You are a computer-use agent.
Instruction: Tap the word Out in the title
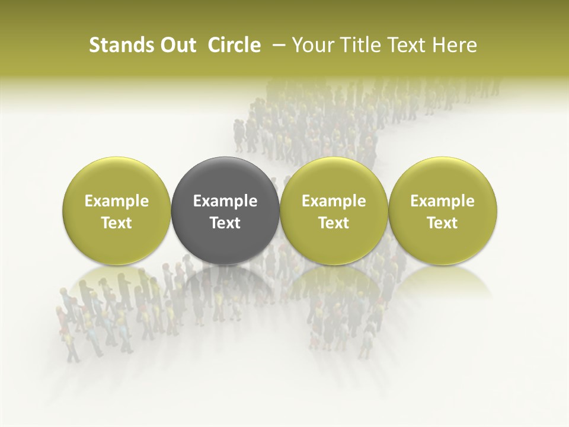176,45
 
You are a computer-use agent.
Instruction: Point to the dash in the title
276,45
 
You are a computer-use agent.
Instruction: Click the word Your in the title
312,45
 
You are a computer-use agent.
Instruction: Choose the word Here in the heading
453,45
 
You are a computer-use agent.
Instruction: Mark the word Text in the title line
405,45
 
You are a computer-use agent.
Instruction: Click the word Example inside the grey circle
225,201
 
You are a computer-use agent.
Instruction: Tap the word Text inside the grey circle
225,222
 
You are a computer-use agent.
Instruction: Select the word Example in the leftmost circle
117,201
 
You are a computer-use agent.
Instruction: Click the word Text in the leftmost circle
117,222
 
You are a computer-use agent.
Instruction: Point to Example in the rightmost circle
443,201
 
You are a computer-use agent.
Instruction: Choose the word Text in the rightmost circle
443,222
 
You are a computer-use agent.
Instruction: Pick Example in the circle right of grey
334,201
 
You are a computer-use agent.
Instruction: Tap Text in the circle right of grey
334,222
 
